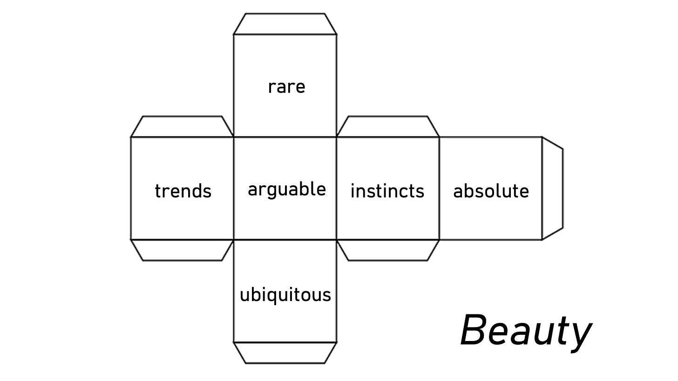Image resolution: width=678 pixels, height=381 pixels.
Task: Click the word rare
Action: point(286,87)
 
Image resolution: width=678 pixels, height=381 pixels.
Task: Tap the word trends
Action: point(183,191)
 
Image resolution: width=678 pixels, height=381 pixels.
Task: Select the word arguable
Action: point(286,190)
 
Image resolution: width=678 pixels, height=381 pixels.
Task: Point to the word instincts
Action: point(387,191)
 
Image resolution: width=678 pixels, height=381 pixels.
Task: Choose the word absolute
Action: point(491,191)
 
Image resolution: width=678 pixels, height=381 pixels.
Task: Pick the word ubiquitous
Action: point(285,295)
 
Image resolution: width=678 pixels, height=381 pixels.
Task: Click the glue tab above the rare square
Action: point(285,24)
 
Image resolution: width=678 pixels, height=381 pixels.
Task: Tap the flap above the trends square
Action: point(182,127)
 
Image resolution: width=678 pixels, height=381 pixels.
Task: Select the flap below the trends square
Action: point(182,250)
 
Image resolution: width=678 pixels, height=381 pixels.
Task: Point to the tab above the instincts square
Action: point(387,127)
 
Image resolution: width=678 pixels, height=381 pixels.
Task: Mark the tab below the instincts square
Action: point(387,250)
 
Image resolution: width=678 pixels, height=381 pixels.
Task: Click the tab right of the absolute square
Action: point(552,188)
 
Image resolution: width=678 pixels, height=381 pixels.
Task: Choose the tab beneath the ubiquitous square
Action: point(285,352)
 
